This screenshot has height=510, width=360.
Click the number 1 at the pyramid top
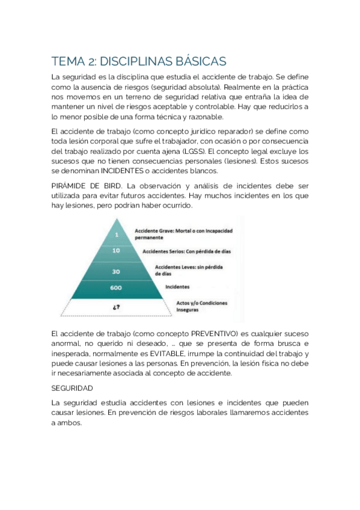click(117, 234)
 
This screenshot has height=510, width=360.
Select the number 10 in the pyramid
click(117, 251)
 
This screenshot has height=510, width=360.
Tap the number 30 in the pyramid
click(117, 271)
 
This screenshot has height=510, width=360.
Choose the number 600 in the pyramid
click(116, 287)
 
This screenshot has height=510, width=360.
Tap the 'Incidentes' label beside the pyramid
click(177, 287)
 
